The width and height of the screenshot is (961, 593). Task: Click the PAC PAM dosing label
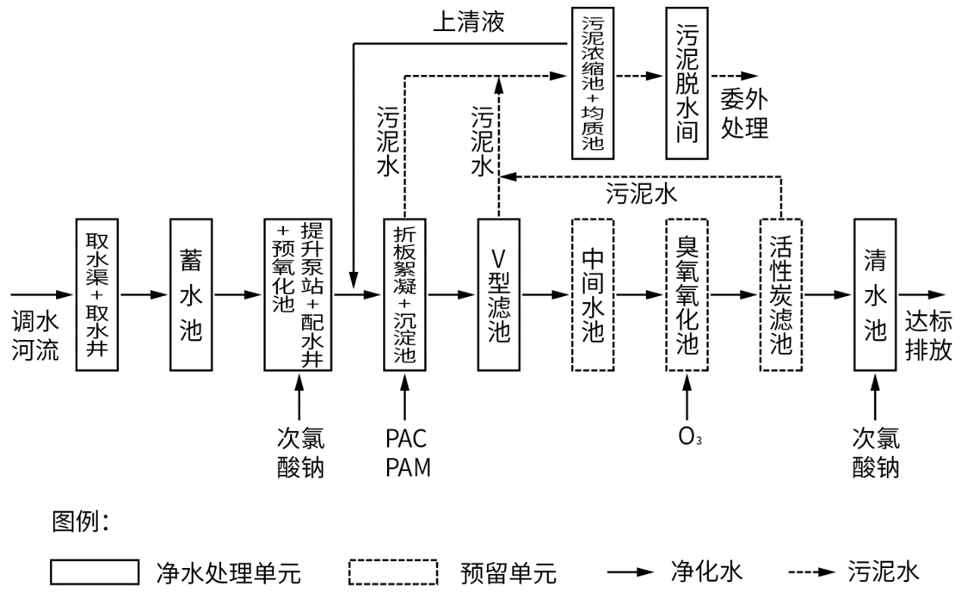tap(407, 452)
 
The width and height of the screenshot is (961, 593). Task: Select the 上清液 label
tap(468, 21)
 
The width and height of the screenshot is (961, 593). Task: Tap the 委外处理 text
tap(744, 112)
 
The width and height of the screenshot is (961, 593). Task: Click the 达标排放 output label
tap(930, 337)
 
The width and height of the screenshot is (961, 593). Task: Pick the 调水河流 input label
tap(34, 337)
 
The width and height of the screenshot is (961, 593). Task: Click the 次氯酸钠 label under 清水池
tap(876, 452)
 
